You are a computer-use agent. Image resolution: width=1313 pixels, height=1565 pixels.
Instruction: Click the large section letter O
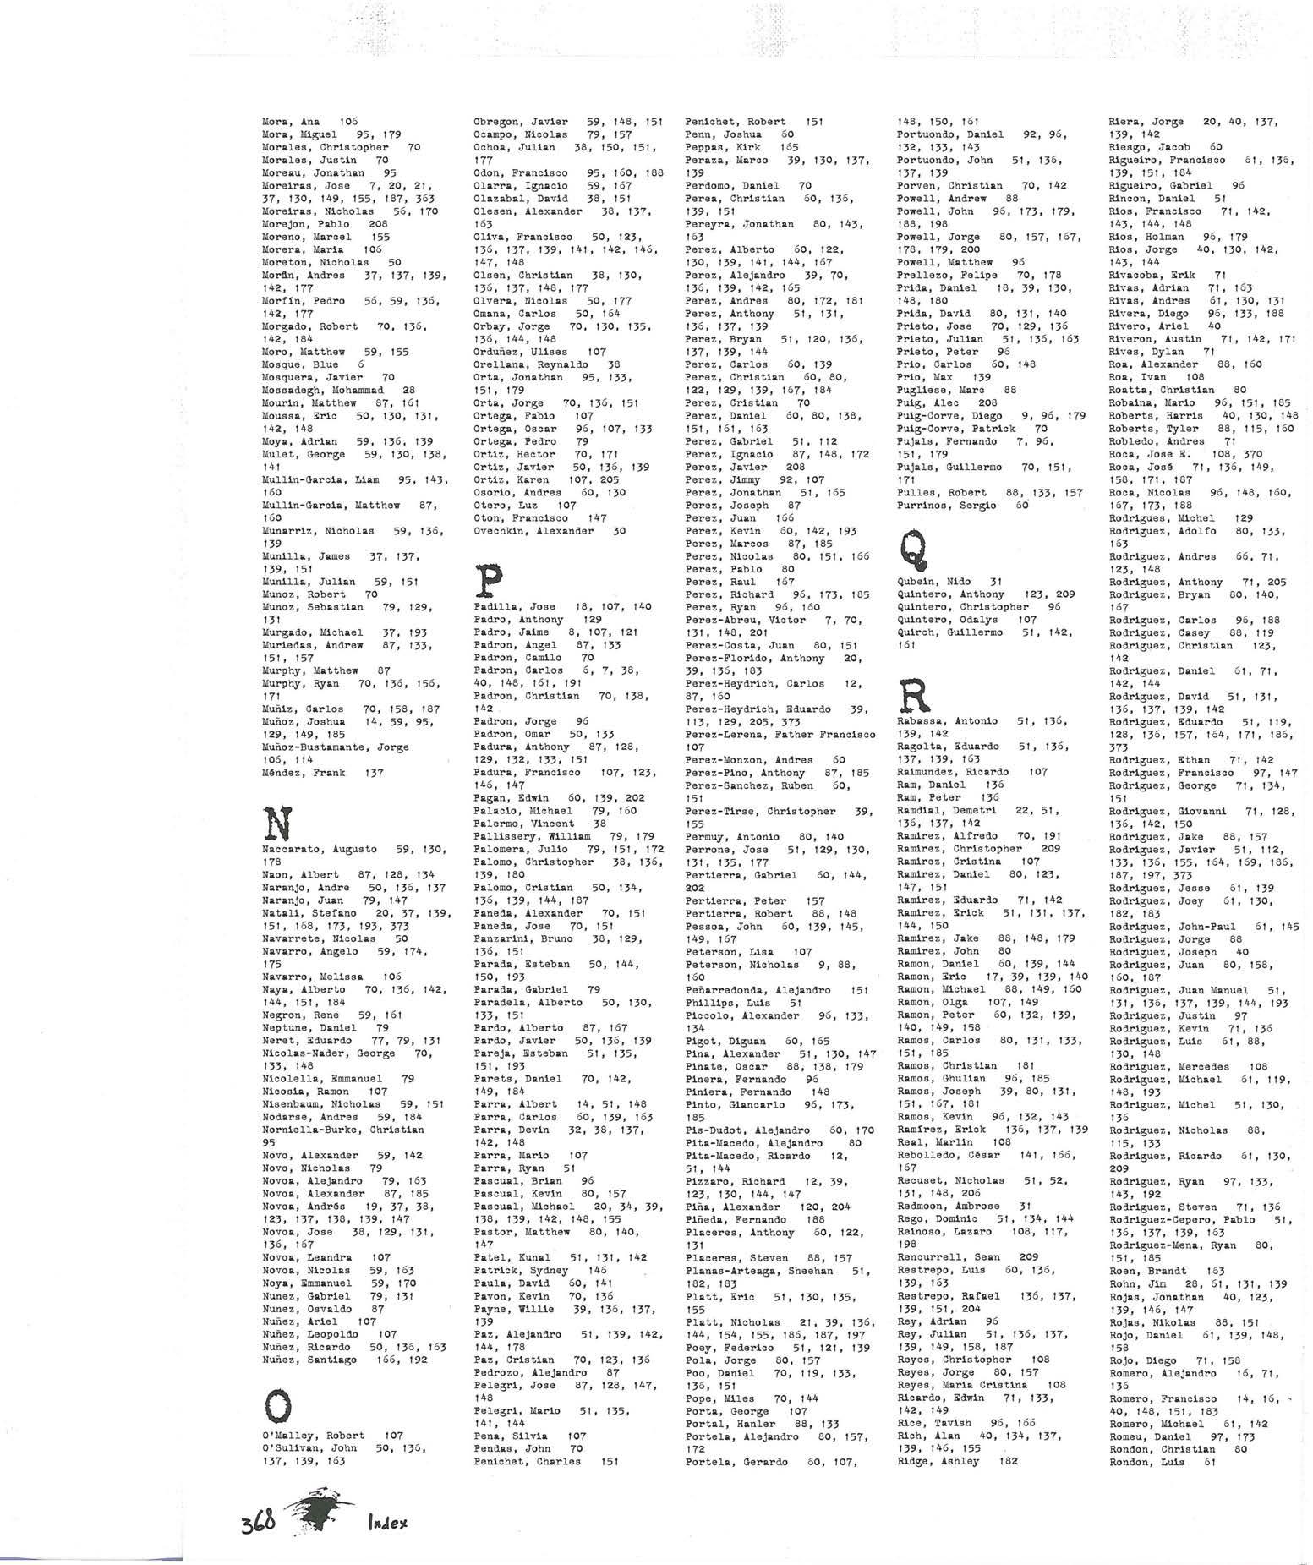[279, 1406]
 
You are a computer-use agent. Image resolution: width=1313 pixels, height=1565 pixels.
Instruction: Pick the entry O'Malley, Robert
[313, 1435]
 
